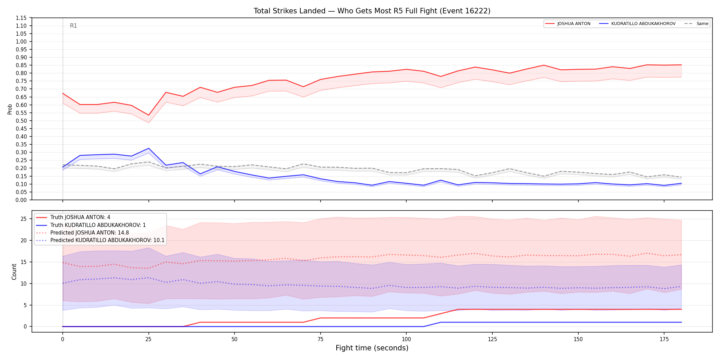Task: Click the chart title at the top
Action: [x=372, y=11]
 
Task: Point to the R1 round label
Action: [x=73, y=26]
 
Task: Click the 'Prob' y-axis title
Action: [x=10, y=109]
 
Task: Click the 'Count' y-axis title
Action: [x=14, y=272]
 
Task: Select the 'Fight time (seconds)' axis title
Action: [x=372, y=348]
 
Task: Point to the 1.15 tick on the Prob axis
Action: [x=21, y=18]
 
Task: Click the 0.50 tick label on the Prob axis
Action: [x=21, y=121]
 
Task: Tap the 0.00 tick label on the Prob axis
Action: [x=21, y=200]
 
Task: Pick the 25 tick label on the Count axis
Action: [x=24, y=219]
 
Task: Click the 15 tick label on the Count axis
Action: [x=24, y=262]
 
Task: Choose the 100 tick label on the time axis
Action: [x=406, y=339]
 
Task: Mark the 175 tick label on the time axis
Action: [x=664, y=339]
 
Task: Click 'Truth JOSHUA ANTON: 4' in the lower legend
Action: [x=80, y=217]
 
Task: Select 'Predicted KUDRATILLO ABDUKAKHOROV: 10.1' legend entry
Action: [x=107, y=240]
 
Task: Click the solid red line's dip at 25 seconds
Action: [x=148, y=115]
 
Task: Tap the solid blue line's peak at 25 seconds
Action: [x=148, y=148]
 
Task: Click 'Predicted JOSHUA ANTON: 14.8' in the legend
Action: [x=89, y=233]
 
